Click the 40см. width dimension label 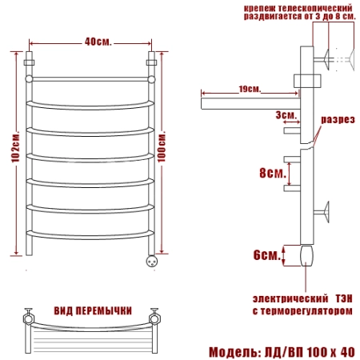click(x=98, y=42)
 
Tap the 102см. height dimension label click(x=16, y=146)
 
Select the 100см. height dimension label click(x=162, y=146)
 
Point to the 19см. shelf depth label click(x=250, y=89)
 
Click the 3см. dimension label click(x=286, y=115)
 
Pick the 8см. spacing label click(x=273, y=173)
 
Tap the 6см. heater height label click(x=266, y=255)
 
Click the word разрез click(x=338, y=119)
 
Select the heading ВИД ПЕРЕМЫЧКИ click(x=93, y=311)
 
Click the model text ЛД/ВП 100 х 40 click(x=310, y=352)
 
